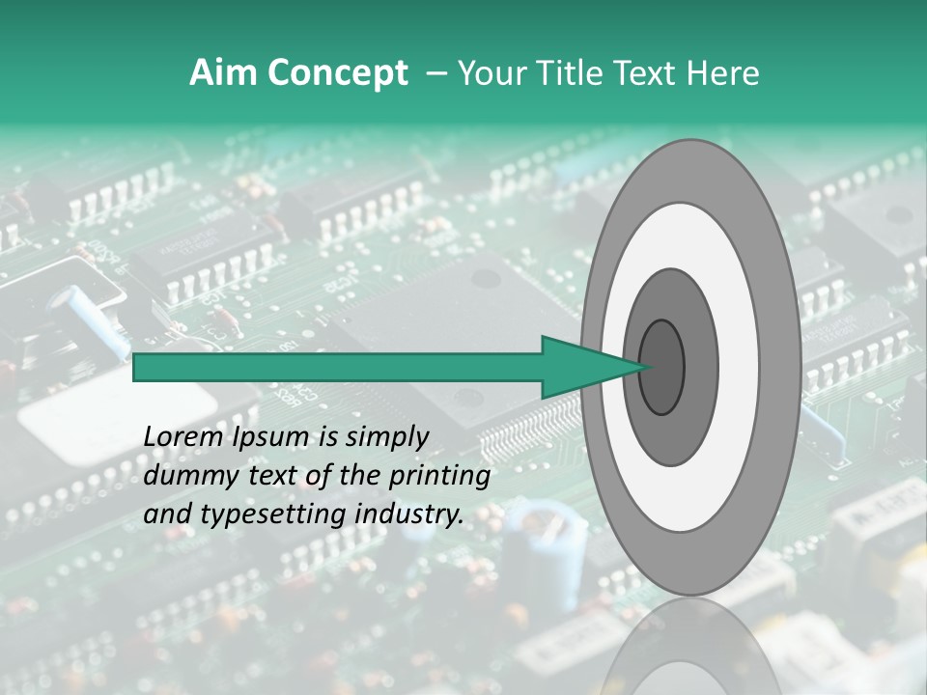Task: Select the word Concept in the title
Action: click(337, 73)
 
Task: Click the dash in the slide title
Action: click(435, 73)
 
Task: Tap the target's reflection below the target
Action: click(689, 647)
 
